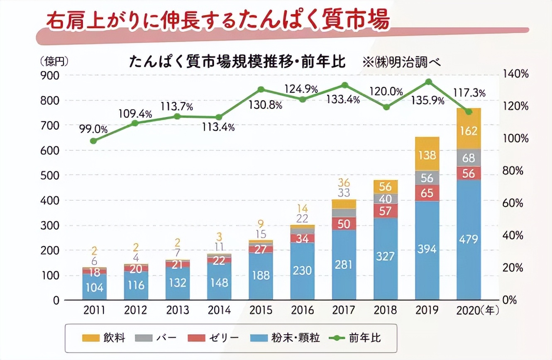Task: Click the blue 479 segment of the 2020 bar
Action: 469,239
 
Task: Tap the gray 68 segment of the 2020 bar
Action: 469,158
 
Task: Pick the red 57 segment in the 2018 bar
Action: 386,211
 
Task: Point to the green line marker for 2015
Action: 261,90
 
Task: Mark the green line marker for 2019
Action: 429,82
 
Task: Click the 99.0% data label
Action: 93,129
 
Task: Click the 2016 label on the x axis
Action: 302,310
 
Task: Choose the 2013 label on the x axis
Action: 177,310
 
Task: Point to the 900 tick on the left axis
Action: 50,75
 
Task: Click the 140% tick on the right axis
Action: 515,74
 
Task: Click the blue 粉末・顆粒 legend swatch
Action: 259,338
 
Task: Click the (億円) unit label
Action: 54,62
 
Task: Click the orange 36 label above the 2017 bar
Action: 344,182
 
